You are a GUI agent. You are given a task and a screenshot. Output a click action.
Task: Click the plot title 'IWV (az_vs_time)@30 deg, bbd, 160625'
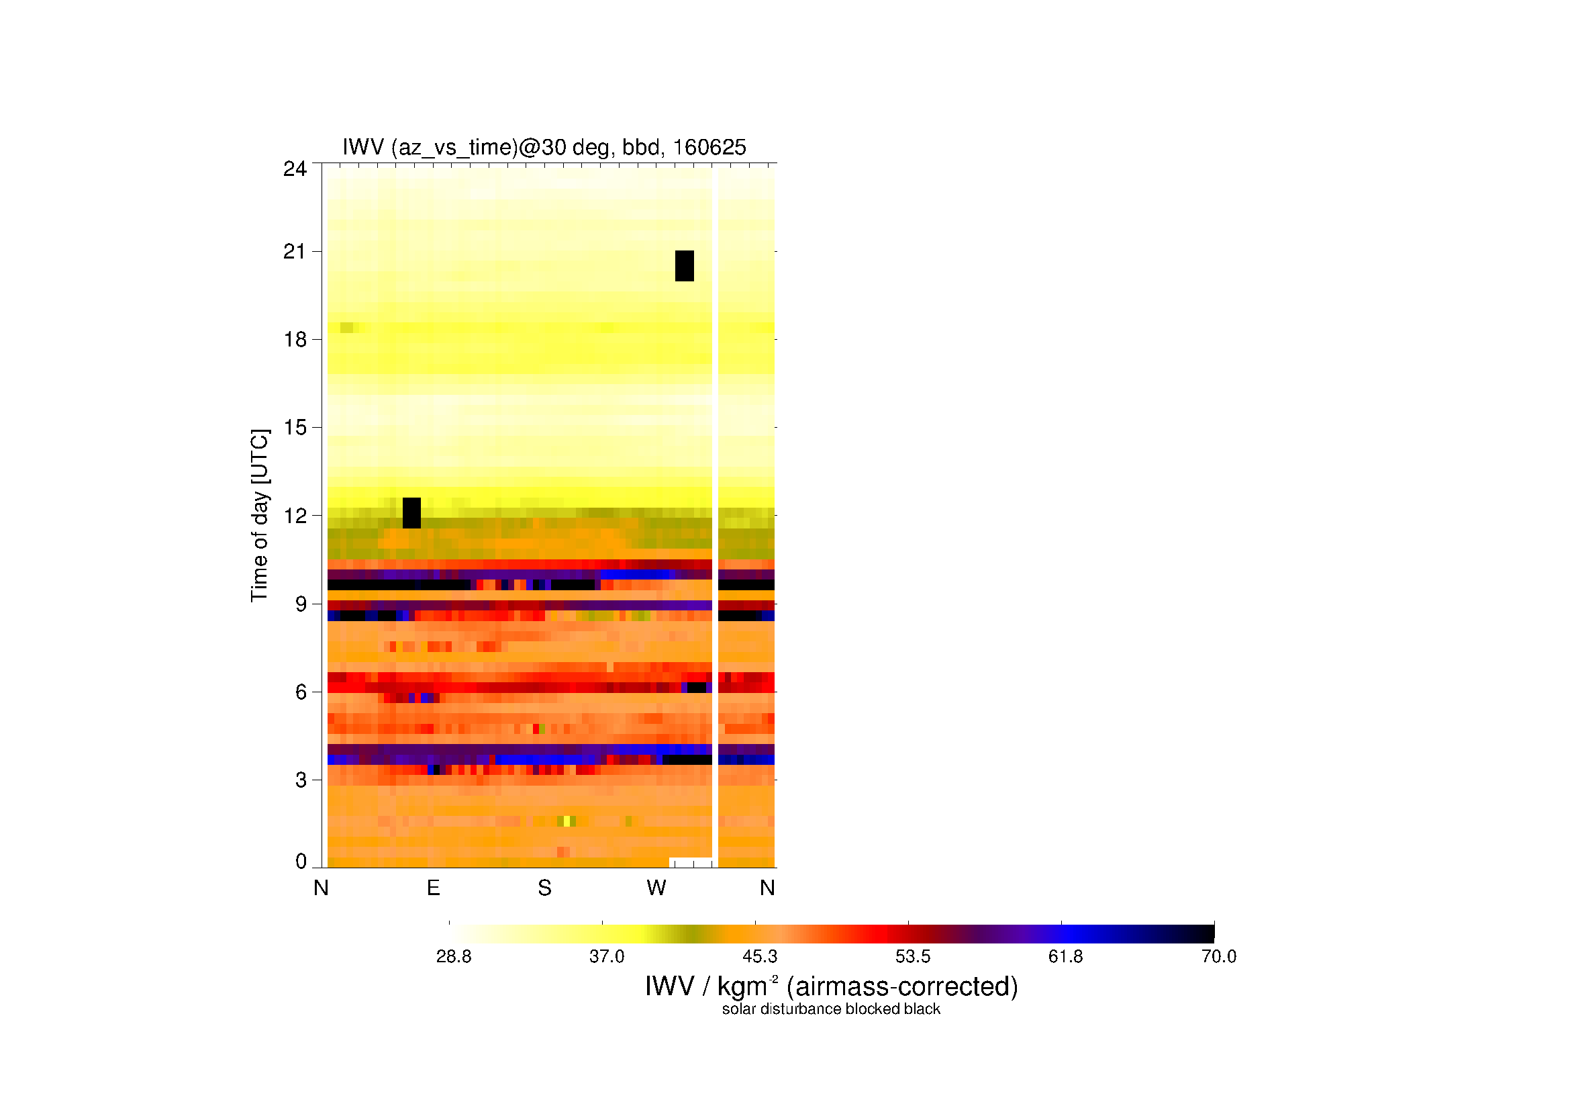pyautogui.click(x=544, y=147)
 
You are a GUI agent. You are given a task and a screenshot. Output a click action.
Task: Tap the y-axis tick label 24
pyautogui.click(x=295, y=169)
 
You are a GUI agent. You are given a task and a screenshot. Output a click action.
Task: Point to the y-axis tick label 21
pyautogui.click(x=295, y=252)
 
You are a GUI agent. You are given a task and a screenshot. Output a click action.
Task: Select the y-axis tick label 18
pyautogui.click(x=295, y=339)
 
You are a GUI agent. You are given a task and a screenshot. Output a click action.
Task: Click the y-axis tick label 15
pyautogui.click(x=295, y=428)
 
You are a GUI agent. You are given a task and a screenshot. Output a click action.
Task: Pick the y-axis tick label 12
pyautogui.click(x=295, y=516)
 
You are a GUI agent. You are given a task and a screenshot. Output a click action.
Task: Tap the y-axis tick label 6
pyautogui.click(x=301, y=692)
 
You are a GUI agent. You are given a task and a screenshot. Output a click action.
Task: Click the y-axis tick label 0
pyautogui.click(x=301, y=861)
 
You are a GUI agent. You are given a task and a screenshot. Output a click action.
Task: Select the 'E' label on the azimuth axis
pyautogui.click(x=433, y=888)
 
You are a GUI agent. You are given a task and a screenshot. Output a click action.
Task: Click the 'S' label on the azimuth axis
pyautogui.click(x=544, y=888)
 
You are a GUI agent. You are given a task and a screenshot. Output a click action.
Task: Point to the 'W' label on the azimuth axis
pyautogui.click(x=656, y=888)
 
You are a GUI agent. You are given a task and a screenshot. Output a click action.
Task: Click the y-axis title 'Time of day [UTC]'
pyautogui.click(x=260, y=516)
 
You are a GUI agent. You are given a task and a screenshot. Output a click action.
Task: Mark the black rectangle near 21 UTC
pyautogui.click(x=685, y=265)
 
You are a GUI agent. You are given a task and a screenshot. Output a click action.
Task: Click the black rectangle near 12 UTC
pyautogui.click(x=411, y=513)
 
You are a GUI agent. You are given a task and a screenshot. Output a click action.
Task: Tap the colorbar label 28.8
pyautogui.click(x=454, y=956)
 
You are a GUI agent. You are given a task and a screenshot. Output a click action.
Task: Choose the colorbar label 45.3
pyautogui.click(x=760, y=956)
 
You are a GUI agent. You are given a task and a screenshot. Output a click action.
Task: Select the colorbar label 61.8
pyautogui.click(x=1065, y=956)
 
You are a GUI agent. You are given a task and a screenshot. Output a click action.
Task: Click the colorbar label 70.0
pyautogui.click(x=1218, y=956)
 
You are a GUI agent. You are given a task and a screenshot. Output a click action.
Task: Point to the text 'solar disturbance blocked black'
pyautogui.click(x=831, y=1009)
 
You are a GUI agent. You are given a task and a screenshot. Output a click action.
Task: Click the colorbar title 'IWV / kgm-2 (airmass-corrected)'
pyautogui.click(x=832, y=986)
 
